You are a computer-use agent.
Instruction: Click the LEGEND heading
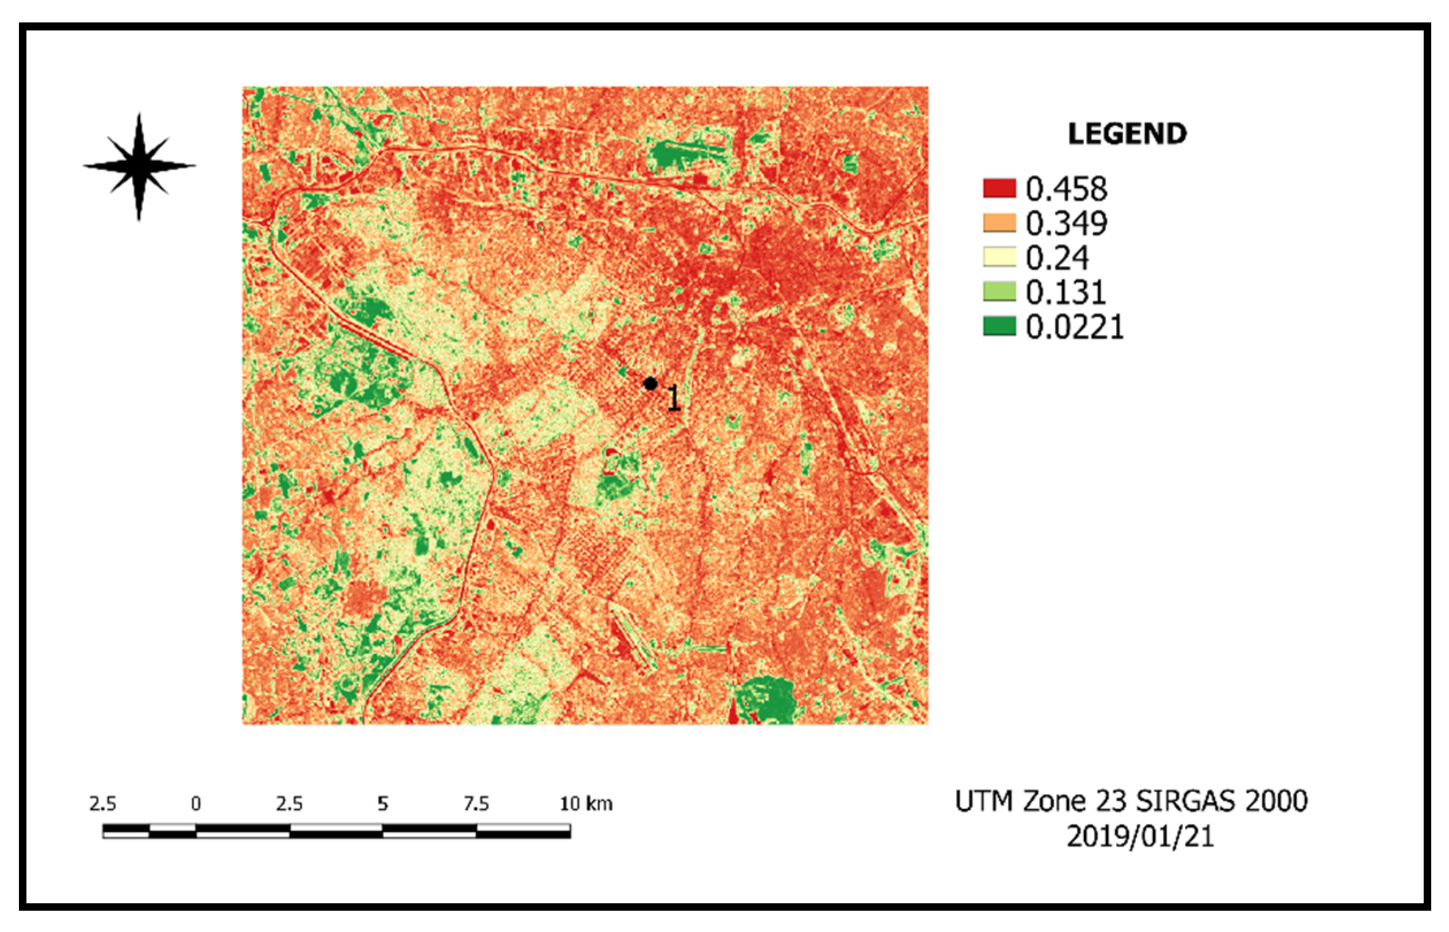point(1127,134)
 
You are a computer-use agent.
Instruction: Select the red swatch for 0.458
point(999,188)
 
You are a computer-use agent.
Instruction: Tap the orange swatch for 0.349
point(999,223)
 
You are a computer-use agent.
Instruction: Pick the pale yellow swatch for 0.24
point(999,257)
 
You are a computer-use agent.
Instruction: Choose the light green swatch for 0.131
point(999,292)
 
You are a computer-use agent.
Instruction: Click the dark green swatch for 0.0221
point(999,327)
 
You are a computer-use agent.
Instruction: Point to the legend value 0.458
point(1066,189)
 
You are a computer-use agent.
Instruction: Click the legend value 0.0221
point(1074,328)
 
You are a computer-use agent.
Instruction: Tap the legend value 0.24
point(1057,258)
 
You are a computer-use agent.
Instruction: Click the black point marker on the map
point(650,384)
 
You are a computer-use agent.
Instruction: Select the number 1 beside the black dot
point(674,398)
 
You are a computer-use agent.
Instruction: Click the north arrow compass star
point(139,166)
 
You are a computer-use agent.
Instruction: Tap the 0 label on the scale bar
point(195,804)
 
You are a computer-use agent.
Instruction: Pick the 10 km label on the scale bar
point(585,804)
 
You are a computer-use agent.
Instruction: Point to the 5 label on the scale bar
point(383,804)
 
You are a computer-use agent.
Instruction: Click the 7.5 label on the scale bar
point(476,804)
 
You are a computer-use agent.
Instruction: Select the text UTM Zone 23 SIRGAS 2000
point(1131,801)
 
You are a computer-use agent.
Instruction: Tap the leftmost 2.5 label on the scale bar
point(103,804)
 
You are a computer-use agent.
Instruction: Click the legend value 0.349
point(1066,224)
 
